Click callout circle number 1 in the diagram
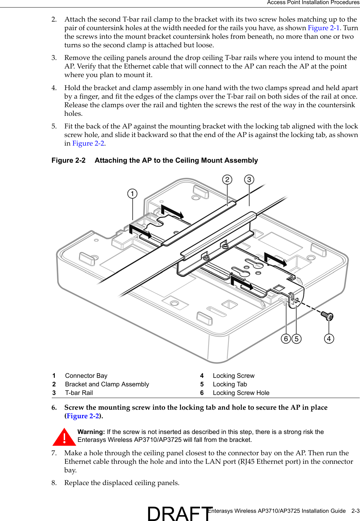point(132,194)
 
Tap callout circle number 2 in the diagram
point(227,179)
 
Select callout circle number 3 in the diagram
point(249,179)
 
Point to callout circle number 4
point(329,339)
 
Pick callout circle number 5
point(296,339)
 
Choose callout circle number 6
point(286,339)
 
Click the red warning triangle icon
point(64,437)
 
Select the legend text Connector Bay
point(86,376)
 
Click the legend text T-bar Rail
point(79,393)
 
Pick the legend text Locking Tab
point(229,384)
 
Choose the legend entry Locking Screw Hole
point(241,393)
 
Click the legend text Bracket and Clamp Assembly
point(107,384)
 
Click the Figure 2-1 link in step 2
point(323,28)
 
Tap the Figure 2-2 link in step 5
point(88,144)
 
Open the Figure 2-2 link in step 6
point(83,416)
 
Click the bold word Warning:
point(91,432)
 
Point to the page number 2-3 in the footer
point(355,511)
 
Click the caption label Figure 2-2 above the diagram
point(69,161)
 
